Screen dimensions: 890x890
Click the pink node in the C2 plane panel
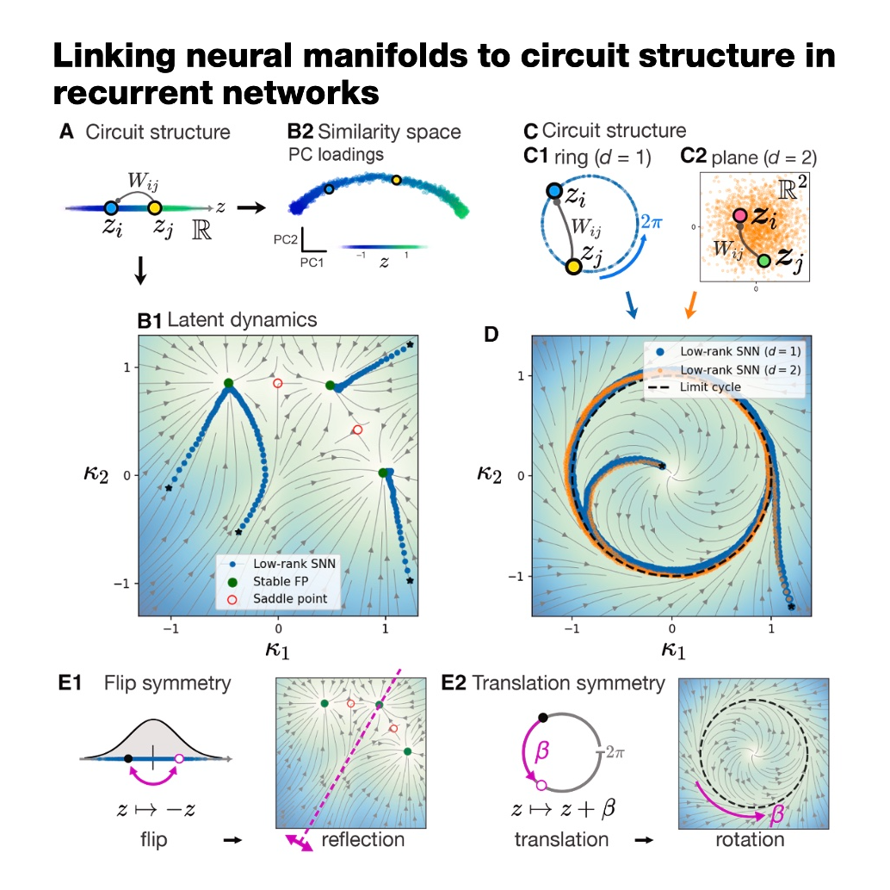tap(739, 216)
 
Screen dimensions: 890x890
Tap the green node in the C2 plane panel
tap(764, 261)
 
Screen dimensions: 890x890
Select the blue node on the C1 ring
tap(554, 191)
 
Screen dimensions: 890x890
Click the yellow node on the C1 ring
tap(574, 267)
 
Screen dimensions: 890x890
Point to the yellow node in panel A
tap(154, 207)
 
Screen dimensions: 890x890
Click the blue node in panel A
tap(111, 207)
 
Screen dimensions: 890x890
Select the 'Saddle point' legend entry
tap(277, 599)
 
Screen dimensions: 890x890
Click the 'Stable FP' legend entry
tap(268, 581)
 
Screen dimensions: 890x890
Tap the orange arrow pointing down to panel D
tap(691, 306)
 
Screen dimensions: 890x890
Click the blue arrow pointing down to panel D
tap(632, 305)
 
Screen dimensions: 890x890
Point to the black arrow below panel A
tap(140, 270)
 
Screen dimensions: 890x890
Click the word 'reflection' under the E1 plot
tap(362, 839)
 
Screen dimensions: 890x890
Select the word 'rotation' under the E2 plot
tap(750, 839)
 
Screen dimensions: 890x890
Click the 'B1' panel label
tap(150, 321)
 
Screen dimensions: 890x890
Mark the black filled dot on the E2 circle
tap(543, 718)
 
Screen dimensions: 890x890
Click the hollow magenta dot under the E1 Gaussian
tap(179, 758)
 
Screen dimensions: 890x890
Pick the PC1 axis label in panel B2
tap(312, 263)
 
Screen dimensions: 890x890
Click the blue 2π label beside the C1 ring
tap(652, 221)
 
